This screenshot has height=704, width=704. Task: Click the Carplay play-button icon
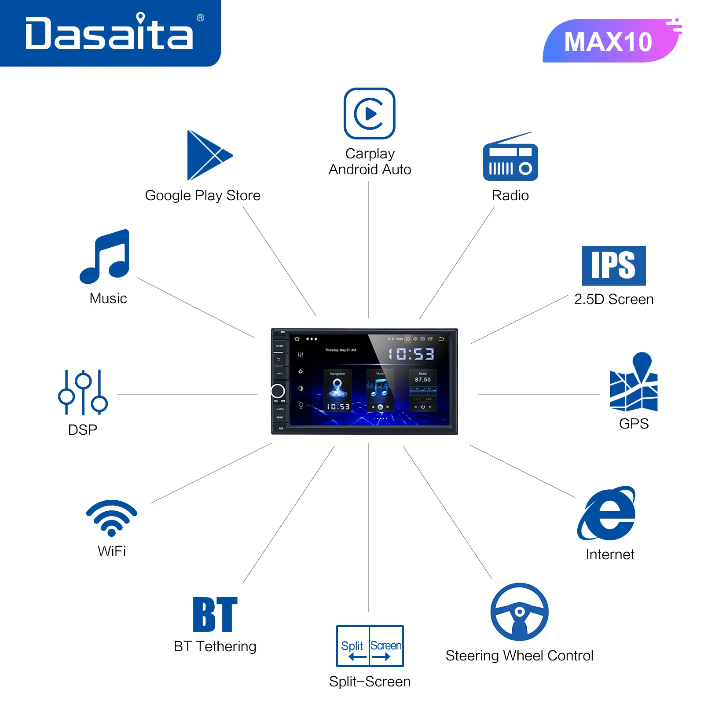(x=370, y=114)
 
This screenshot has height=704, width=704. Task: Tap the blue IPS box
(x=614, y=266)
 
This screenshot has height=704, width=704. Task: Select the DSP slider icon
(x=83, y=392)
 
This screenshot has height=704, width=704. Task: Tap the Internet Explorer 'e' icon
(x=607, y=513)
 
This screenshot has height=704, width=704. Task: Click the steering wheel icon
(x=520, y=612)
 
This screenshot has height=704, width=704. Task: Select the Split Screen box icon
(x=370, y=646)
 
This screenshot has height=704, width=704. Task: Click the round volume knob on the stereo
(x=278, y=391)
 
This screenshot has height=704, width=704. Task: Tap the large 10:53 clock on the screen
(x=411, y=354)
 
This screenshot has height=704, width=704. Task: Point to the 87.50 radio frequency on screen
(x=423, y=380)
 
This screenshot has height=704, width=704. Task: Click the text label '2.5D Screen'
(x=614, y=299)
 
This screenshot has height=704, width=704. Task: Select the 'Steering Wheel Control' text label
(x=520, y=656)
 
